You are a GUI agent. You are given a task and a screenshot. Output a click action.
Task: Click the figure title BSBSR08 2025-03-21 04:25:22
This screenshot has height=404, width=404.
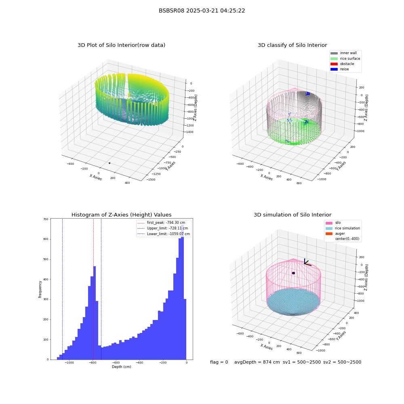(x=202, y=11)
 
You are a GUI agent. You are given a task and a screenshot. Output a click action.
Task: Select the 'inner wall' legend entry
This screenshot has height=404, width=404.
(x=344, y=53)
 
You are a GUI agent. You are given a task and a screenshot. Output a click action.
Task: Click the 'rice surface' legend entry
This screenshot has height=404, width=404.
(x=345, y=59)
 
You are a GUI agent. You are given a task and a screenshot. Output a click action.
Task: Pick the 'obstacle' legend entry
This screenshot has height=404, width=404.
(x=342, y=64)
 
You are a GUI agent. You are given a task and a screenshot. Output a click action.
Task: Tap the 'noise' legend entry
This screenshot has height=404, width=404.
(x=340, y=69)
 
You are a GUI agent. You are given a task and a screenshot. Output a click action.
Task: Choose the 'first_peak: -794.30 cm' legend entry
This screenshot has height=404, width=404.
(x=161, y=223)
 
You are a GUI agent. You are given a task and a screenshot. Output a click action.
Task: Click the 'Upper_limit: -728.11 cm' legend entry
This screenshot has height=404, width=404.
(x=163, y=228)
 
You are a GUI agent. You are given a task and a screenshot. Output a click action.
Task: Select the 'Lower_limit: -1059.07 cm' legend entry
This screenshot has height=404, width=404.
(x=164, y=234)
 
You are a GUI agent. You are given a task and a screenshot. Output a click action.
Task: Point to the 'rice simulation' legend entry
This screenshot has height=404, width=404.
(x=343, y=228)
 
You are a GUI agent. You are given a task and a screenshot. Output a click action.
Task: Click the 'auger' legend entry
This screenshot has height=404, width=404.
(x=335, y=234)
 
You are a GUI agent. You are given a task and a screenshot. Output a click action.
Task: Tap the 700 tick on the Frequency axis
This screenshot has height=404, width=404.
(x=46, y=219)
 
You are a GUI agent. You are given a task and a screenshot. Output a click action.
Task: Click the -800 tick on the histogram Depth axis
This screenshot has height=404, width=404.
(x=93, y=362)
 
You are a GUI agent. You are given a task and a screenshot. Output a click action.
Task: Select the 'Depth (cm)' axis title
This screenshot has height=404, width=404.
(x=122, y=367)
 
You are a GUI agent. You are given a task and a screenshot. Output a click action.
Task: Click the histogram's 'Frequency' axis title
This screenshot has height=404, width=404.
(x=40, y=289)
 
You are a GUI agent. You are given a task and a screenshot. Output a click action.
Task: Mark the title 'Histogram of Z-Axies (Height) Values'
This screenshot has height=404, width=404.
(x=121, y=215)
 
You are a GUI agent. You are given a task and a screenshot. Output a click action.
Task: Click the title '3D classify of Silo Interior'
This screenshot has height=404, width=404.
(x=292, y=45)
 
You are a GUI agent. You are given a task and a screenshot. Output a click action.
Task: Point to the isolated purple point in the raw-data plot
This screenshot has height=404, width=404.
(x=109, y=163)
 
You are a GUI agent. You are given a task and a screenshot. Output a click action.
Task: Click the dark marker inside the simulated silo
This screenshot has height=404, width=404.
(x=293, y=273)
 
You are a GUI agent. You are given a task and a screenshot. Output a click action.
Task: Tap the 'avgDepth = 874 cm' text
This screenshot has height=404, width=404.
(x=257, y=362)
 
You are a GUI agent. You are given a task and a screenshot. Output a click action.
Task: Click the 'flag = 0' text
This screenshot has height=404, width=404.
(x=219, y=362)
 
